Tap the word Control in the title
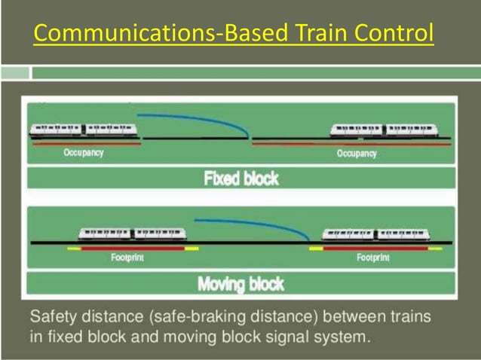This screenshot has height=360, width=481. pyautogui.click(x=397, y=34)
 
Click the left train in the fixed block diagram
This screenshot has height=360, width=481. pyautogui.click(x=82, y=130)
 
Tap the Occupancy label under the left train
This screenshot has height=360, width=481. pyautogui.click(x=83, y=153)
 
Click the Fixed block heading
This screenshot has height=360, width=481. pyautogui.click(x=240, y=178)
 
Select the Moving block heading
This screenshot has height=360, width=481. pyautogui.click(x=240, y=284)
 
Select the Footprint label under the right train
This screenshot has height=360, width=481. pyautogui.click(x=373, y=258)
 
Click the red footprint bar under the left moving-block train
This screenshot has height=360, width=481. pyautogui.click(x=133, y=247)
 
